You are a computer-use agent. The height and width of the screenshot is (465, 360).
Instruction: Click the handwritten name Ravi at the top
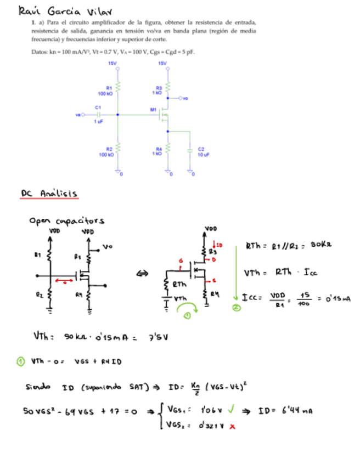click(x=30, y=10)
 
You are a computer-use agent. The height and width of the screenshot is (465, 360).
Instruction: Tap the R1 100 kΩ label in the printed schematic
click(x=110, y=90)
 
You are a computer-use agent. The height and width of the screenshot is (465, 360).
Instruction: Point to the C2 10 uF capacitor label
click(x=201, y=152)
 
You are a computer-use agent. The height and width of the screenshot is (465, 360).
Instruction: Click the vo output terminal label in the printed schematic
click(x=185, y=99)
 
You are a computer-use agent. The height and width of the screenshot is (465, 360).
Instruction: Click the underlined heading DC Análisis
click(x=49, y=194)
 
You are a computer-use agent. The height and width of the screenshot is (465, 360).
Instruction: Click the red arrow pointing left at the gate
click(x=65, y=283)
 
